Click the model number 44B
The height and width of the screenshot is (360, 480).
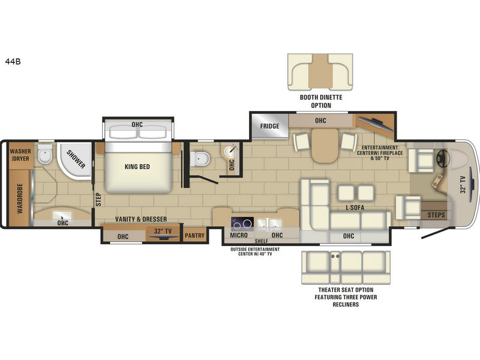13,61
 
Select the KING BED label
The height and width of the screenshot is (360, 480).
137,167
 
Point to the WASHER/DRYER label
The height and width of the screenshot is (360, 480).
20,155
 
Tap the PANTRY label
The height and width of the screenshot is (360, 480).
194,236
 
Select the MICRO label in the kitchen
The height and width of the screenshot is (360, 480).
241,236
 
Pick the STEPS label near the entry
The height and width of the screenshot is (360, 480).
436,214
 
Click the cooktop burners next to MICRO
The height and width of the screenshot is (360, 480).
241,223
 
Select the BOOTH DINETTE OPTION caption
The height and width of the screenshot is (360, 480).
316,101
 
